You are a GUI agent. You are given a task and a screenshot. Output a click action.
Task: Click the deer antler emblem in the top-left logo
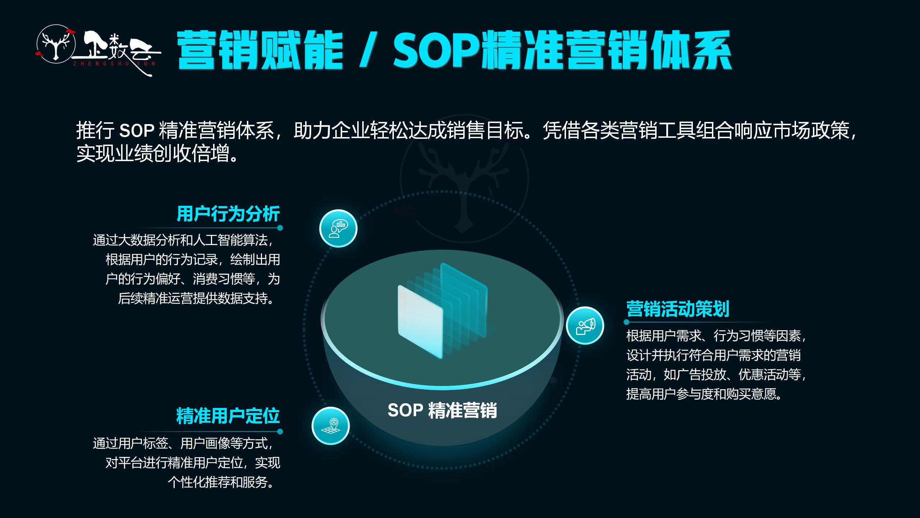[56, 45]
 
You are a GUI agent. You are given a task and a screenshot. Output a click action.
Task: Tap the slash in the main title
[368, 50]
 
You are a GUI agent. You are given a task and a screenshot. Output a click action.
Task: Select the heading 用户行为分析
[228, 214]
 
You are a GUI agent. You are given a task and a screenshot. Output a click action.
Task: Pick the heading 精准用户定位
[228, 416]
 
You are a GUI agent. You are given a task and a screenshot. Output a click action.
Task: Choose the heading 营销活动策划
[678, 309]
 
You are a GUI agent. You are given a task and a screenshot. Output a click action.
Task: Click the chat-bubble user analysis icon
[338, 228]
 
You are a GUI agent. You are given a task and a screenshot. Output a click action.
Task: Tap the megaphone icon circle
[585, 326]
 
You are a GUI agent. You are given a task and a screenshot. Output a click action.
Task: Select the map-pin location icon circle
[330, 426]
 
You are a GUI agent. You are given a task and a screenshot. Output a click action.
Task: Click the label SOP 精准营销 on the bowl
[442, 410]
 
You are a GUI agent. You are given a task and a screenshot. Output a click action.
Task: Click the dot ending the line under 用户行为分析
[280, 228]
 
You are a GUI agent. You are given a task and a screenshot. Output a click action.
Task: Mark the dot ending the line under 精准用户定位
[280, 431]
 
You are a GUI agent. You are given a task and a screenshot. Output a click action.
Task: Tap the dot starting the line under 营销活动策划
[627, 322]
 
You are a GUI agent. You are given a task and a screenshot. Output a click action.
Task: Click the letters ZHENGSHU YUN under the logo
[114, 64]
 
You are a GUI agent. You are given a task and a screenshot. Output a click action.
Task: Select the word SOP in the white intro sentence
[137, 131]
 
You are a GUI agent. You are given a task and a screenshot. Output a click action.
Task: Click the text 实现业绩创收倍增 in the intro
[152, 154]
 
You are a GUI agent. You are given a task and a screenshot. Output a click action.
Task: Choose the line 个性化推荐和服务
[221, 482]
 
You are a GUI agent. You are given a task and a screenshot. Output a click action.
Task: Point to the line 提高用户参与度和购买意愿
[704, 394]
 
